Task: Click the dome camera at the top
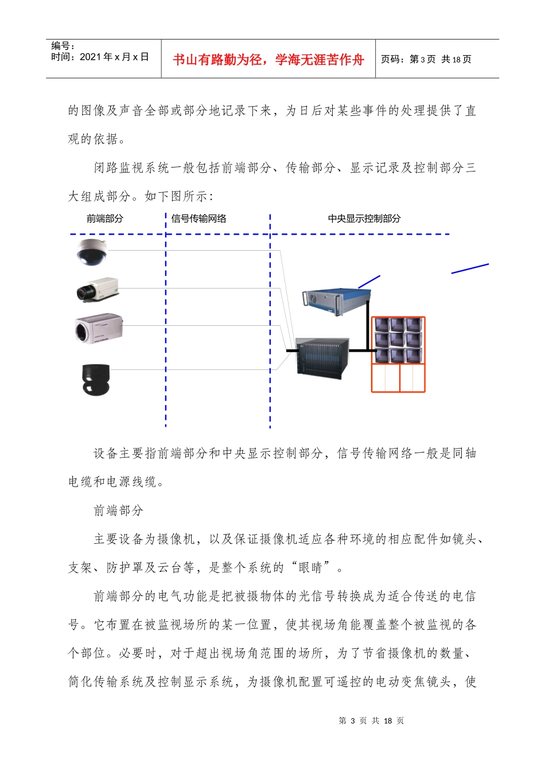[x=92, y=252]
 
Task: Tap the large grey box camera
[x=98, y=329]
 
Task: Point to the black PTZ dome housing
[x=95, y=379]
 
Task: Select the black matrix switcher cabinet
[x=322, y=356]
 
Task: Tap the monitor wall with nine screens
[x=398, y=340]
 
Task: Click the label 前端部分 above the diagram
[x=105, y=219]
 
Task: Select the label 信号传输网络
[x=199, y=219]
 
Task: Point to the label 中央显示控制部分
[x=364, y=219]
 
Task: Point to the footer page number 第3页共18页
[x=372, y=721]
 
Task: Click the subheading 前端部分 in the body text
[x=119, y=511]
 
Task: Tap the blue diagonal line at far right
[x=470, y=268]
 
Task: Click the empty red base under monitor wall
[x=398, y=378]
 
